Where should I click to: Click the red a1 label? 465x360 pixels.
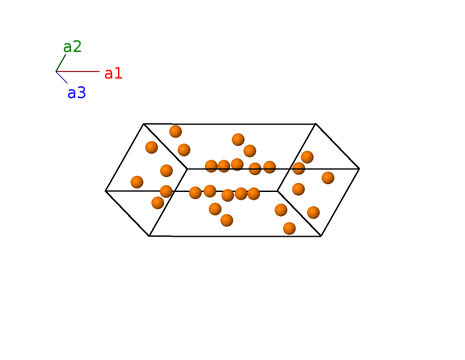coord(113,73)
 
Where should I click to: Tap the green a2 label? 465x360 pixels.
coord(72,47)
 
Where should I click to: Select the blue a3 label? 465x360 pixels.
coord(77,93)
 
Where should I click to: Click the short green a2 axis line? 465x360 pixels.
coord(61,63)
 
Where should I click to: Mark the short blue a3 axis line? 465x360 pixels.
coord(62,77)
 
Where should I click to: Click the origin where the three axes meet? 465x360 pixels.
coord(56,71)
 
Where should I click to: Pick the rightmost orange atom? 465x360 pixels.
coord(328,178)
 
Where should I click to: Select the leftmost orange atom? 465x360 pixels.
coord(137,182)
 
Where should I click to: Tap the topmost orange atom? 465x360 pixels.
coord(175,132)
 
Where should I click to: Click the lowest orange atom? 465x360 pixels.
coord(289,228)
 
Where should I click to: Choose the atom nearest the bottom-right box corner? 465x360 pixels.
coord(313,212)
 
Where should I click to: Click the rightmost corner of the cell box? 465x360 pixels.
coord(359,169)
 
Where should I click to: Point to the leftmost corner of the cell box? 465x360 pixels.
coord(106,191)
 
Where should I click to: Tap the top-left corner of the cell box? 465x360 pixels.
coord(143,124)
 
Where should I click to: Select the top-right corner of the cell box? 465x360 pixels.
coord(315,124)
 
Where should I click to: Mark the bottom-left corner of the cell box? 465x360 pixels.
coord(149,236)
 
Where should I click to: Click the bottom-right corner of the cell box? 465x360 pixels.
coord(321,236)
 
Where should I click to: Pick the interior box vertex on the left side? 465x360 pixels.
coord(187,169)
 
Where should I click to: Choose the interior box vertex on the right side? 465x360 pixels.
coord(278,191)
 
